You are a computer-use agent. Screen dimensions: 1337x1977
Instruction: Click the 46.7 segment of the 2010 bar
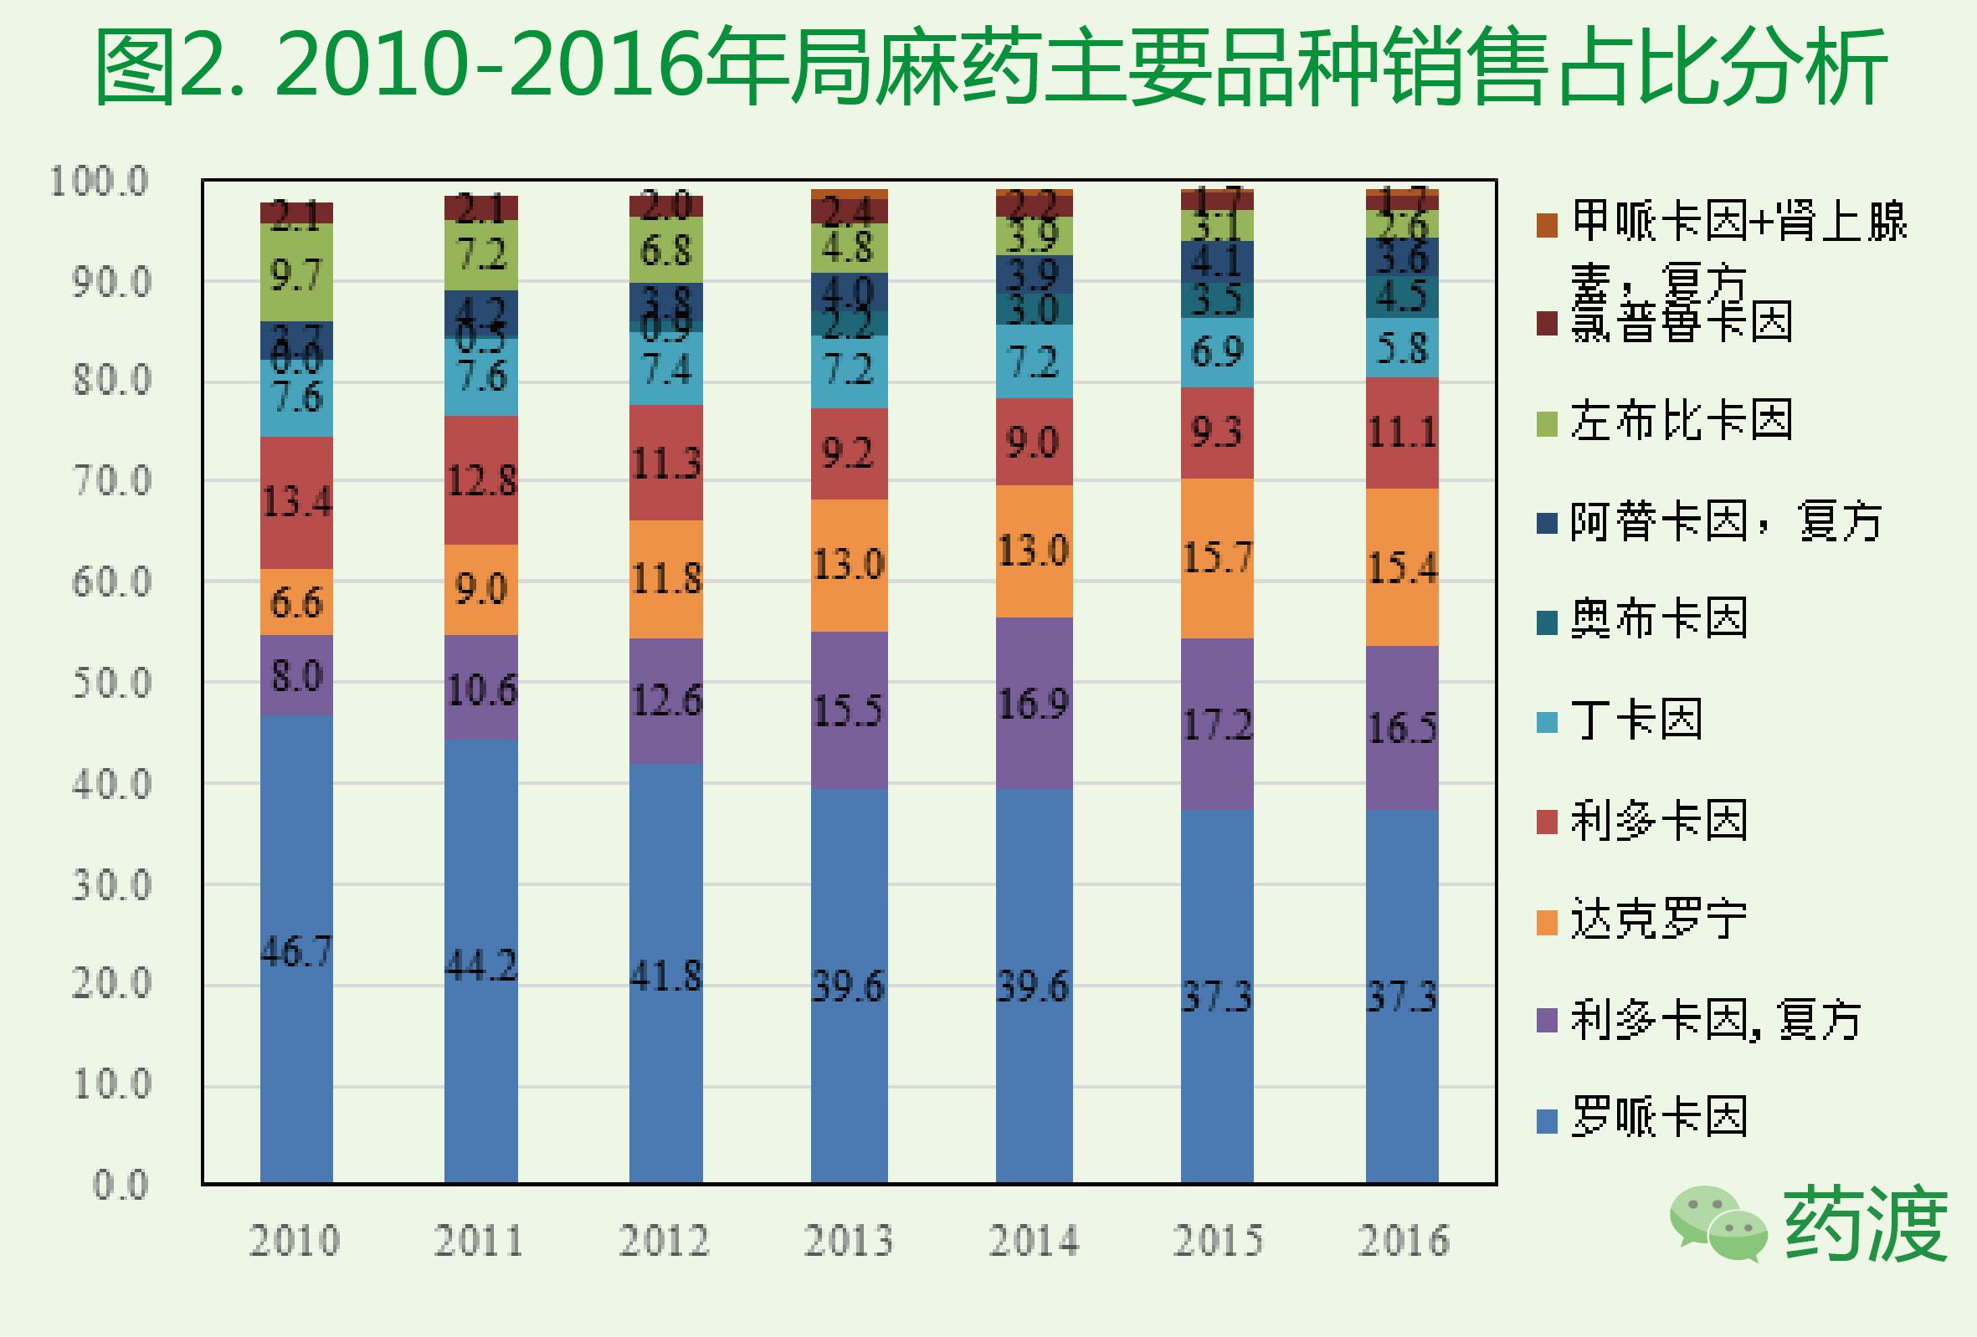coord(296,948)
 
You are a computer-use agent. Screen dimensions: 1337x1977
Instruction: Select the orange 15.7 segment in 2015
coord(1216,558)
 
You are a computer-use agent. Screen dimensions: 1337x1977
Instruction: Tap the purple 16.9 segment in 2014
coord(1034,703)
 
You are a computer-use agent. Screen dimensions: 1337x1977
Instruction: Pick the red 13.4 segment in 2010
coord(296,502)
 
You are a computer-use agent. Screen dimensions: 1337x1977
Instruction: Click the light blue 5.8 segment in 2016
coord(1402,348)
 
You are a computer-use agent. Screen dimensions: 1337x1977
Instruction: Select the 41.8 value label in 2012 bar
coord(666,976)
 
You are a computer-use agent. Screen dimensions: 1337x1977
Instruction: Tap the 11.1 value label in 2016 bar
coord(1402,433)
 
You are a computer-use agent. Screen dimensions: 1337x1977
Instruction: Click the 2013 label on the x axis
coord(848,1240)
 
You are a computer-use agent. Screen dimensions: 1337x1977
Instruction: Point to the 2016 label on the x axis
coord(1403,1240)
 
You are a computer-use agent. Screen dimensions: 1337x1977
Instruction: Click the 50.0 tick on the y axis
coord(111,683)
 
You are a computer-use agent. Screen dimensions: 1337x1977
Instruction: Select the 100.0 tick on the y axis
coord(100,182)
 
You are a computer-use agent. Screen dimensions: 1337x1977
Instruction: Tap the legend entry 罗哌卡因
coord(1659,1117)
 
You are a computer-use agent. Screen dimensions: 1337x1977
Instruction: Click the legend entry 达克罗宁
coord(1659,919)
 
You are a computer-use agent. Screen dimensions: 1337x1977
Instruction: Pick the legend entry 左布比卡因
coord(1681,420)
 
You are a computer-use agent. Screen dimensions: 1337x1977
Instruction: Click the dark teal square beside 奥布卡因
coord(1547,622)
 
